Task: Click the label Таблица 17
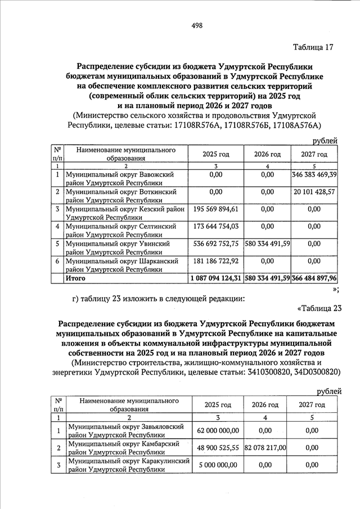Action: [x=313, y=47]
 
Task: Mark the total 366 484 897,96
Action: [x=314, y=278]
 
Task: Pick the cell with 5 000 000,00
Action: [x=218, y=465]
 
